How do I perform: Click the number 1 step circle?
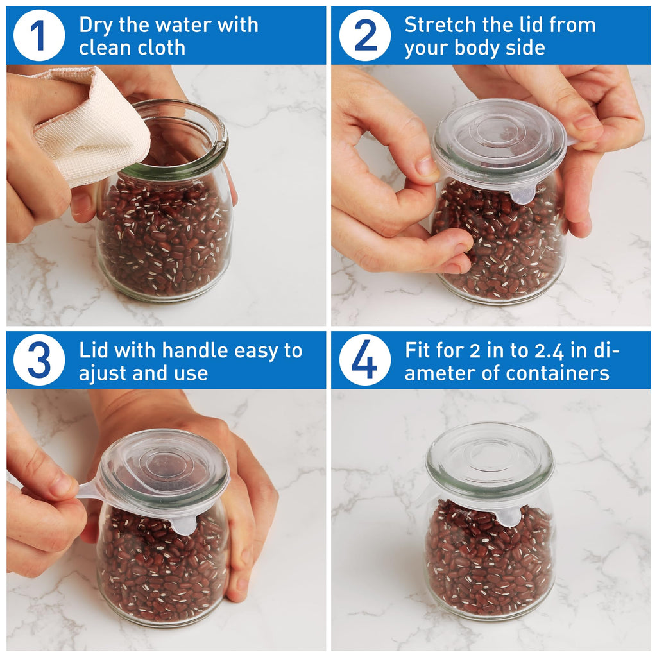[38, 35]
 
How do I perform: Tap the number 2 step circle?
[364, 35]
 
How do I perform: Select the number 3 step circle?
[38, 361]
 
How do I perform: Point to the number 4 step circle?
[364, 361]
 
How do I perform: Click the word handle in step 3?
[195, 351]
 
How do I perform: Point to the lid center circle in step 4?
[490, 456]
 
